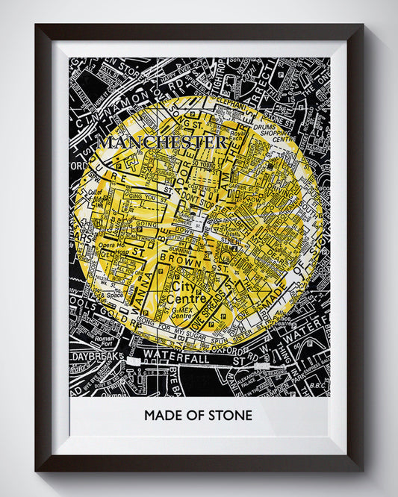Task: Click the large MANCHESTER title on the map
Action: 161,142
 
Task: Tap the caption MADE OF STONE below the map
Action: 198,415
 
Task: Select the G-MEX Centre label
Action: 181,310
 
